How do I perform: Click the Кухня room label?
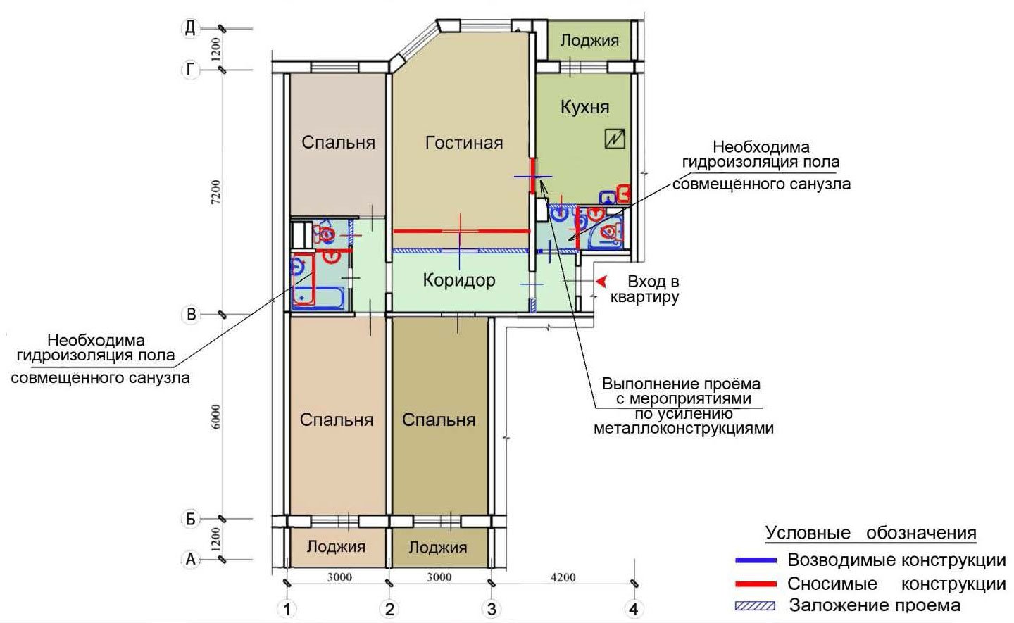[x=585, y=107]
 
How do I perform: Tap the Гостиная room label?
[x=464, y=142]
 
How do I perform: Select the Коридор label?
[x=459, y=280]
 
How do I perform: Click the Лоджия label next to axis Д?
[x=589, y=41]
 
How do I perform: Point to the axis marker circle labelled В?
[x=191, y=314]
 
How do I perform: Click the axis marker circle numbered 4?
[x=634, y=609]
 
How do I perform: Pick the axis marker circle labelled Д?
[x=191, y=28]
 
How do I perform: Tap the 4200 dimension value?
[x=563, y=577]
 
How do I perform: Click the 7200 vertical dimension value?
[x=216, y=192]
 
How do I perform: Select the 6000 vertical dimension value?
[x=216, y=417]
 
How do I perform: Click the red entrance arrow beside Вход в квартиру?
[x=601, y=282]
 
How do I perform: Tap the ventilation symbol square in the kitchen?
[x=615, y=139]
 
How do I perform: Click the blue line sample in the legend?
[x=756, y=560]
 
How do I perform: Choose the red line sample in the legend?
[x=756, y=584]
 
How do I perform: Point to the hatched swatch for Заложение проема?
[x=755, y=606]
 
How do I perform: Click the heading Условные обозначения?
[x=870, y=533]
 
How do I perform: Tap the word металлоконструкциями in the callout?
[x=684, y=428]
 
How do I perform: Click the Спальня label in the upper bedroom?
[x=338, y=142]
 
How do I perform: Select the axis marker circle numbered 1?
[x=287, y=609]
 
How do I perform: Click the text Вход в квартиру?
[x=645, y=289]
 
